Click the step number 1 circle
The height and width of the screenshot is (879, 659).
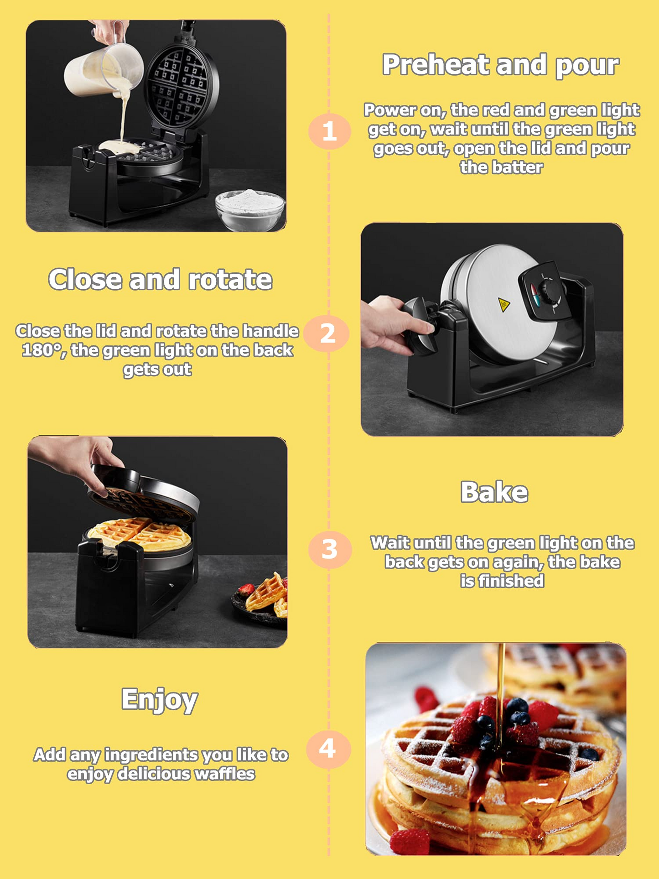(329, 131)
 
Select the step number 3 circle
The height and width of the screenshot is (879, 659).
(330, 549)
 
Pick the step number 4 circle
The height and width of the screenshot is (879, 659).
(328, 749)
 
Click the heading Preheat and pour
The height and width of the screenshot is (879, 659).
(500, 65)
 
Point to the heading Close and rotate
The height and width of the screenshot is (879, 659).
(160, 279)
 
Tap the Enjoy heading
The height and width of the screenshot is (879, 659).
(159, 700)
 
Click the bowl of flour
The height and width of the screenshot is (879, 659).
(250, 209)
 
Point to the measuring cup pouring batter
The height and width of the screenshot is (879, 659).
(104, 68)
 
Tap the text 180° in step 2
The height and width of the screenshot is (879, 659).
(41, 350)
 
